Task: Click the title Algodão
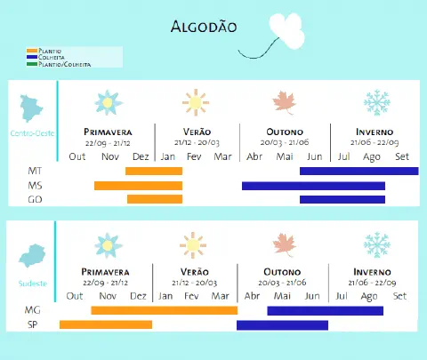click(x=203, y=27)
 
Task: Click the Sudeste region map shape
click(x=33, y=256)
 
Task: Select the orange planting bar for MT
click(x=153, y=171)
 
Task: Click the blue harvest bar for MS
click(x=313, y=185)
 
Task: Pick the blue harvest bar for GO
click(x=342, y=199)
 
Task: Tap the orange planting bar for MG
click(x=164, y=310)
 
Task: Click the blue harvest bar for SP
click(x=282, y=325)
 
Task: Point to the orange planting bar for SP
click(x=106, y=325)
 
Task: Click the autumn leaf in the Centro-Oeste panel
click(x=286, y=103)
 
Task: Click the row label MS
click(x=35, y=185)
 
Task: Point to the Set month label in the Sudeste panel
click(x=399, y=295)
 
